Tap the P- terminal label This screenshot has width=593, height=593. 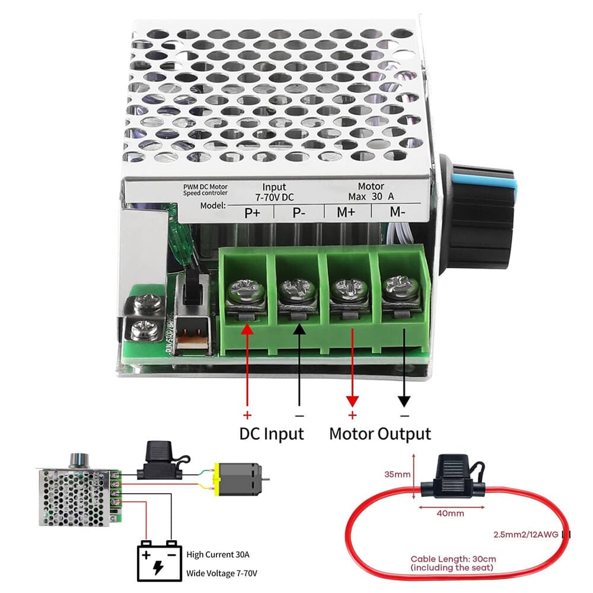click(x=299, y=213)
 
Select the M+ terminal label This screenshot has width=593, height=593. click(x=346, y=213)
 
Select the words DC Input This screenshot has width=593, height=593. click(x=272, y=433)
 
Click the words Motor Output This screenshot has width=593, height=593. click(x=380, y=433)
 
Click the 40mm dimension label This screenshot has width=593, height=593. click(x=451, y=514)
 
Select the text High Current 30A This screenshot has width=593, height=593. click(x=218, y=555)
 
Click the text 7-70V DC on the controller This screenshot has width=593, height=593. click(x=274, y=196)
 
